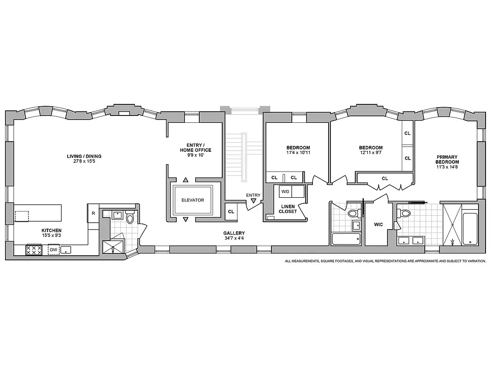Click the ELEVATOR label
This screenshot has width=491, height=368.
pyautogui.click(x=192, y=200)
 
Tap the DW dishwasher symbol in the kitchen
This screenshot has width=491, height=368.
pyautogui.click(x=54, y=250)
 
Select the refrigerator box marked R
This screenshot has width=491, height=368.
pyautogui.click(x=93, y=213)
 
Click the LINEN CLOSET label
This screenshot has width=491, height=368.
pyautogui.click(x=287, y=209)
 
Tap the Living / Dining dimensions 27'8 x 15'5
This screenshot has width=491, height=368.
pyautogui.click(x=84, y=162)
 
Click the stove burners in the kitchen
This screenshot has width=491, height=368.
pyautogui.click(x=34, y=250)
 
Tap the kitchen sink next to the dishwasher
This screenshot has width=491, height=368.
pyautogui.click(x=67, y=250)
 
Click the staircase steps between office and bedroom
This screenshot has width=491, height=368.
pyautogui.click(x=237, y=154)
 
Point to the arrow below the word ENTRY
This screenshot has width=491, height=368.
pyautogui.click(x=254, y=201)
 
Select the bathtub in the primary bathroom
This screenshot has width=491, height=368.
pyautogui.click(x=470, y=229)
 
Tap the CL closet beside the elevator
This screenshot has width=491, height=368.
pyautogui.click(x=231, y=212)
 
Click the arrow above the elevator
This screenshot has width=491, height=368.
pyautogui.click(x=186, y=180)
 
